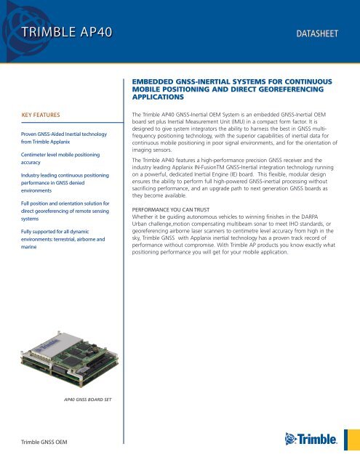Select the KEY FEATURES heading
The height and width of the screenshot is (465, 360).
(46, 115)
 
